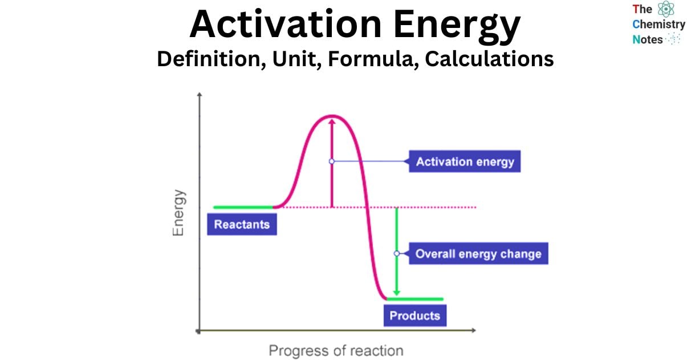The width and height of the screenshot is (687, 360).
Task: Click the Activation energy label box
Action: (x=465, y=161)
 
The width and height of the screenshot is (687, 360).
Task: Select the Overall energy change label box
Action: (x=478, y=253)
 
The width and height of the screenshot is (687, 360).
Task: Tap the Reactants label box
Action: (x=242, y=224)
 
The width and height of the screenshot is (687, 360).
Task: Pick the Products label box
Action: (x=414, y=315)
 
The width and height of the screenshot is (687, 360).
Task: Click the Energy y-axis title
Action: (x=179, y=212)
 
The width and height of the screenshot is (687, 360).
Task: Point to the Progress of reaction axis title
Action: (x=336, y=350)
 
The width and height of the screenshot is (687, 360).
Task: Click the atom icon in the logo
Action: (x=665, y=9)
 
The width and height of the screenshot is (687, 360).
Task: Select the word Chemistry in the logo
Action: (x=658, y=25)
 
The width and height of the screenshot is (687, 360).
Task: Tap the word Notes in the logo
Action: (x=648, y=39)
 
